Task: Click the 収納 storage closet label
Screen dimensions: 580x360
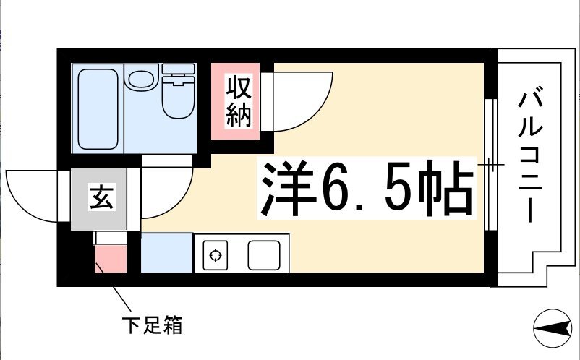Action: point(239,101)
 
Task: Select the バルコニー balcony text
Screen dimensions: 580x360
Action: point(530,154)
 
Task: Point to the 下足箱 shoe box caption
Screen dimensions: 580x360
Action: point(152,325)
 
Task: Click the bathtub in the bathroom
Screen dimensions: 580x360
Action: point(98,109)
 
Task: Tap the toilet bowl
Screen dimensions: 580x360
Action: point(179,97)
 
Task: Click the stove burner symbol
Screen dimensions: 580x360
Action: point(216,255)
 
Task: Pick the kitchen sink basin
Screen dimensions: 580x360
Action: point(264,255)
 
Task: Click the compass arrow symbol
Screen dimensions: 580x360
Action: point(553,328)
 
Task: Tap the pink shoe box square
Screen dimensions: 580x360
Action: point(111,258)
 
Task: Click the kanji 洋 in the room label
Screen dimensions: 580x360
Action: point(287,188)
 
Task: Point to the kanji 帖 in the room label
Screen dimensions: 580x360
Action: point(445,188)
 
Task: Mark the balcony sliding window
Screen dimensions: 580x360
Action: point(490,165)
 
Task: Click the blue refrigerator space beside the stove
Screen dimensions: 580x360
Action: point(167,253)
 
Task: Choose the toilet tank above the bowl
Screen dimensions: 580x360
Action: point(179,69)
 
